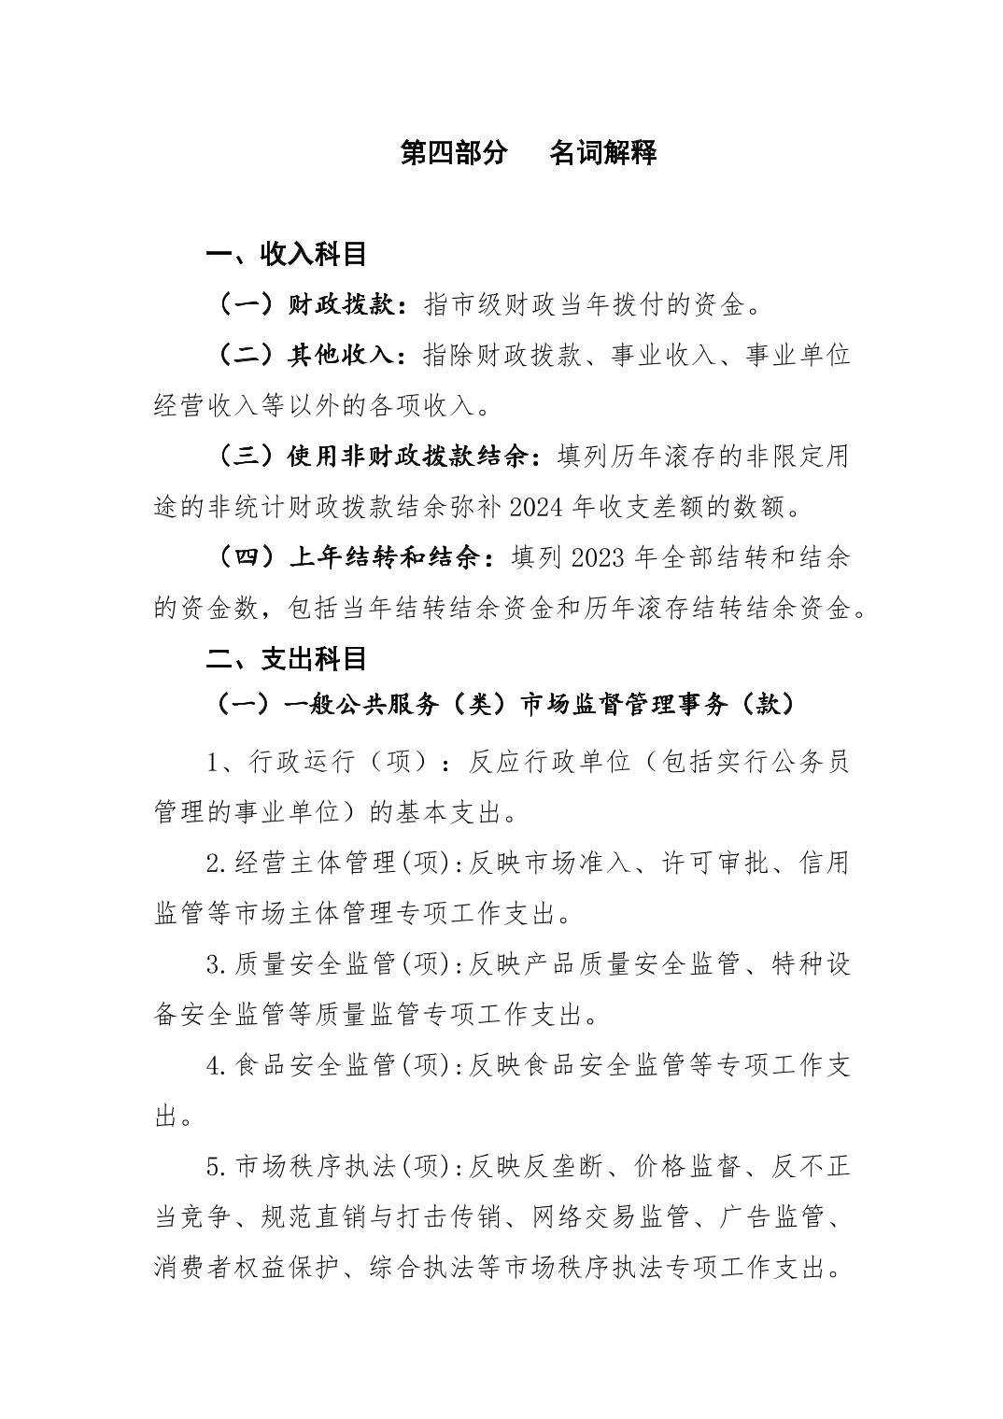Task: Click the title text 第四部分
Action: (x=454, y=153)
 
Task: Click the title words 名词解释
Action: (x=603, y=153)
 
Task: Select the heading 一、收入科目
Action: (x=286, y=254)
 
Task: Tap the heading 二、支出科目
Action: (x=286, y=658)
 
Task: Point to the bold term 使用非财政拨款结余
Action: (x=412, y=457)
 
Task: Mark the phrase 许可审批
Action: (x=715, y=863)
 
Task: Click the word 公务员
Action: (x=808, y=761)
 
